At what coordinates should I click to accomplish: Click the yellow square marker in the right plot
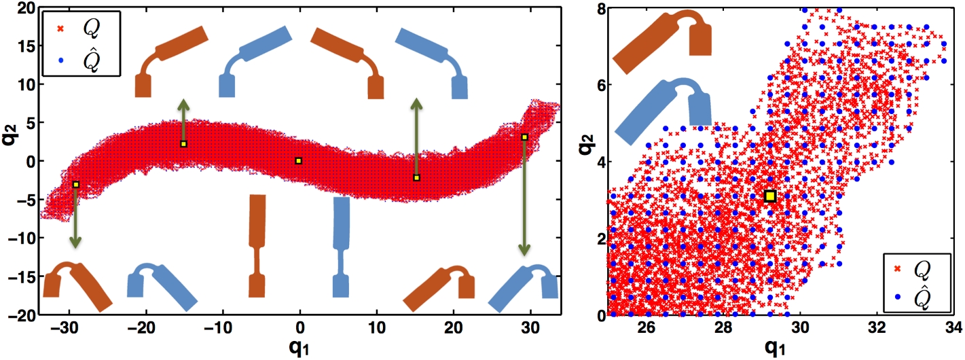(770, 196)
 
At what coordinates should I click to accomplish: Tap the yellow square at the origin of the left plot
(299, 161)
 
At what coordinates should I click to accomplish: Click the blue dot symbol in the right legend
(897, 297)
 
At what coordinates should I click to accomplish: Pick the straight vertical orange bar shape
(257, 245)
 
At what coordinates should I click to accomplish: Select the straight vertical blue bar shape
(341, 245)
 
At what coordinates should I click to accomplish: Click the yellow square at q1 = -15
(183, 144)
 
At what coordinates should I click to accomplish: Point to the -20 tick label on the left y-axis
(23, 315)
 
